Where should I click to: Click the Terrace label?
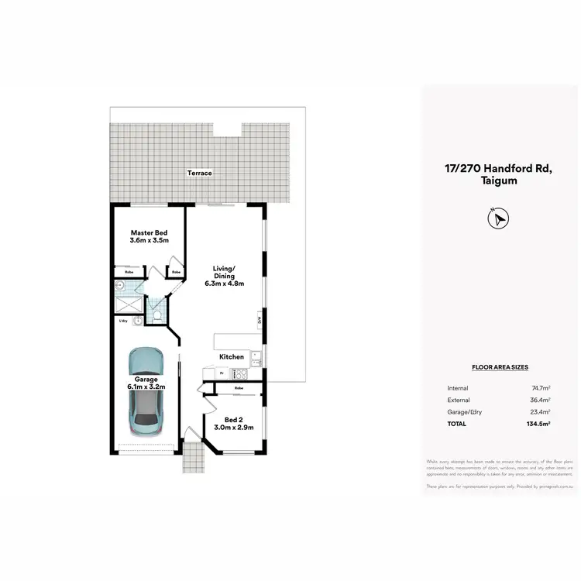click(x=199, y=173)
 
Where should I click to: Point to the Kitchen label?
click(x=232, y=357)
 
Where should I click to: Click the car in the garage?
click(x=146, y=390)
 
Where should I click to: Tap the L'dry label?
click(x=122, y=320)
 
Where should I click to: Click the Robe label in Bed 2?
click(x=239, y=387)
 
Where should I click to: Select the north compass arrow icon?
click(x=497, y=219)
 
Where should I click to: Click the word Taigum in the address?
click(x=497, y=180)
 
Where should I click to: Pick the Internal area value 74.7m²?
click(x=539, y=387)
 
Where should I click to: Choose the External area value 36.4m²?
click(x=539, y=400)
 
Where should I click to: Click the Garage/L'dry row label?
click(x=465, y=412)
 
